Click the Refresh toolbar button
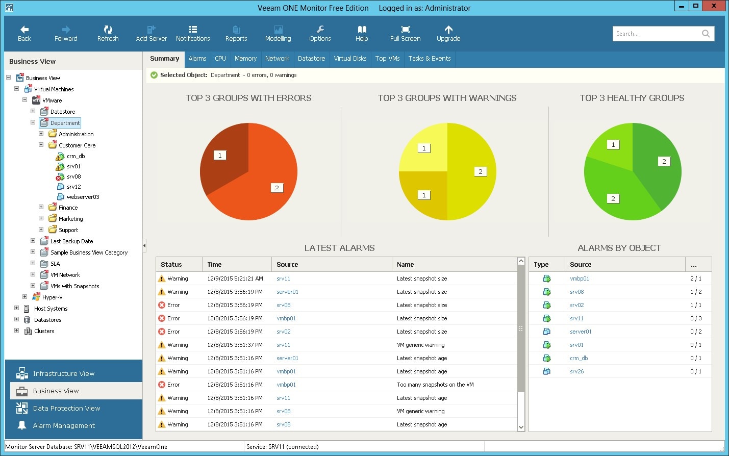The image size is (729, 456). [108, 33]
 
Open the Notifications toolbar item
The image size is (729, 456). [193, 33]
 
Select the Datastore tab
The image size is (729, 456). [311, 59]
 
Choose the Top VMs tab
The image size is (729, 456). [387, 59]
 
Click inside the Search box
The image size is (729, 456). [656, 34]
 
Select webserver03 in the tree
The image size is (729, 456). [83, 197]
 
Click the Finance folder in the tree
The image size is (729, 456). [68, 208]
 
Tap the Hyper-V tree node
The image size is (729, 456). [52, 297]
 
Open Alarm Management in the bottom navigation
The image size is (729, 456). [64, 425]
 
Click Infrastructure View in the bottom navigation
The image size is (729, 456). [63, 373]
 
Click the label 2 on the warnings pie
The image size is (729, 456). [480, 172]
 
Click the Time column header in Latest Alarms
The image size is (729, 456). [215, 264]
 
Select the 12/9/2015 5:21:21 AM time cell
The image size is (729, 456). [235, 278]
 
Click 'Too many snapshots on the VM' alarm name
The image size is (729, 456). [435, 385]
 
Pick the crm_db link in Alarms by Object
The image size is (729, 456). [579, 358]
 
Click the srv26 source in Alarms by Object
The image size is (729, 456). [576, 371]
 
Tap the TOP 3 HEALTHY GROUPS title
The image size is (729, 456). [632, 98]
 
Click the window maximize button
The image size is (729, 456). [695, 6]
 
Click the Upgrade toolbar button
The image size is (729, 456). [448, 33]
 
